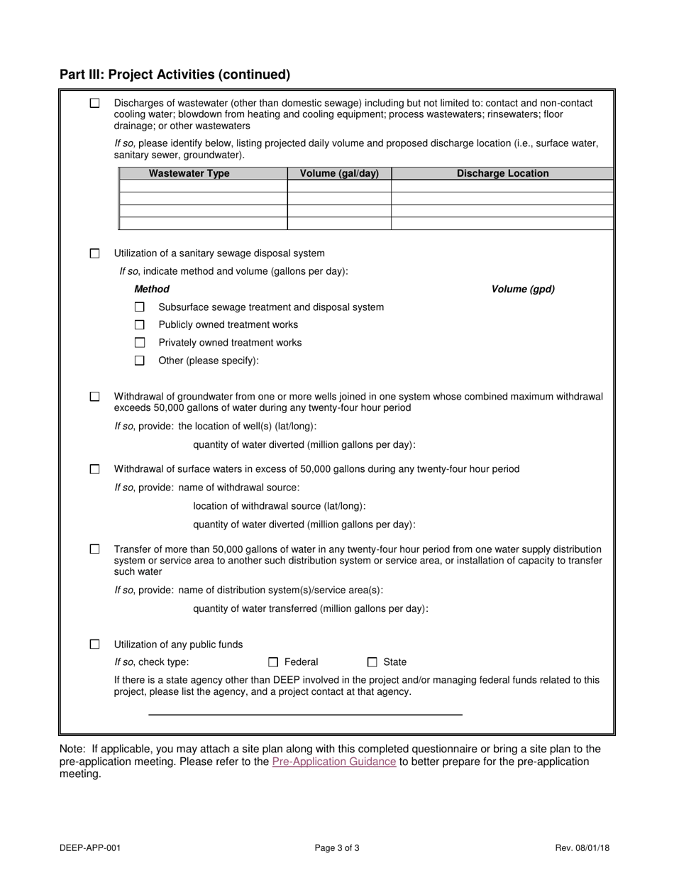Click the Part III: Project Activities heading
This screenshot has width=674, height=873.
point(175,75)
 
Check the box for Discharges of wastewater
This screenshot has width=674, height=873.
point(95,103)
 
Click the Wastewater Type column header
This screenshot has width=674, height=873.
point(189,173)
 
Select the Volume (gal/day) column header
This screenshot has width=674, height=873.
point(339,173)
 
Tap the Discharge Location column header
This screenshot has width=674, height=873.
point(502,173)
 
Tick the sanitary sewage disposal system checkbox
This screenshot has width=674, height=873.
point(95,253)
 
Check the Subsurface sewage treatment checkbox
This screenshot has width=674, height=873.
point(140,307)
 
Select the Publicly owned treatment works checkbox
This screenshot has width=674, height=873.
point(140,325)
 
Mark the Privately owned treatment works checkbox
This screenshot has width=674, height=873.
point(140,343)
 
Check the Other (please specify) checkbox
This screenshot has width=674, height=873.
point(140,361)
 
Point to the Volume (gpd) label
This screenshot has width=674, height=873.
point(523,289)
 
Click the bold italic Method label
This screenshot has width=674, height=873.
point(152,289)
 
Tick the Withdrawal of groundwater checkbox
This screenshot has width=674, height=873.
point(95,397)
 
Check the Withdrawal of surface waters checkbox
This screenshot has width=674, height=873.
point(95,469)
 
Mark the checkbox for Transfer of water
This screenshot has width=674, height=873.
point(95,549)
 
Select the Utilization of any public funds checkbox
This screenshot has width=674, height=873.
point(95,644)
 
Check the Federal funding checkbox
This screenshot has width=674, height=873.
point(273,662)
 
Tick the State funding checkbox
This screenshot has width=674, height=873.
point(372,662)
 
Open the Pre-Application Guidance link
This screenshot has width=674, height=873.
point(333,762)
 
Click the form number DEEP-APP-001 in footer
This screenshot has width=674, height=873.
point(85,847)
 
